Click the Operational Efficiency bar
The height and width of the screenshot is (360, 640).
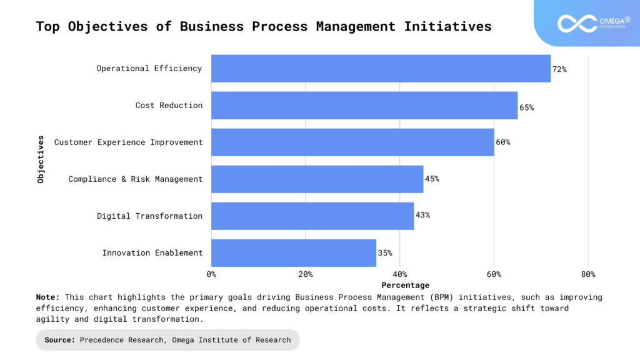(x=381, y=68)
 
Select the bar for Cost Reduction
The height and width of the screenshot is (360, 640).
(x=364, y=105)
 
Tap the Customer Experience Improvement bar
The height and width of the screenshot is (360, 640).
(x=352, y=142)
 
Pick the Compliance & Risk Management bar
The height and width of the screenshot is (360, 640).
(x=317, y=179)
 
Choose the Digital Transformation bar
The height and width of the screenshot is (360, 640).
(x=312, y=216)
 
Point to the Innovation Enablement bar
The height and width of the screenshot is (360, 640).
(x=294, y=252)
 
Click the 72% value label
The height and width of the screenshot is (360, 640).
(x=559, y=69)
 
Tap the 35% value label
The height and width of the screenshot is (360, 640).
(x=385, y=253)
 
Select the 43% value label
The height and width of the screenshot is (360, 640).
(x=422, y=216)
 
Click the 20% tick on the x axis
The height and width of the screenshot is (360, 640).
(x=305, y=274)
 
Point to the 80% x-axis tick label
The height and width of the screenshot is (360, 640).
(x=587, y=274)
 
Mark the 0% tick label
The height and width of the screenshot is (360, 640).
(x=211, y=274)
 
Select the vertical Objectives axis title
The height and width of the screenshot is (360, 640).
(x=41, y=159)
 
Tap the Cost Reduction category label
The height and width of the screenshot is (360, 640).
(x=169, y=105)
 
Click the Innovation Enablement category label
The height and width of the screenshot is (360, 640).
(x=152, y=252)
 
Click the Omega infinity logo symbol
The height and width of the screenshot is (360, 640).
(x=577, y=24)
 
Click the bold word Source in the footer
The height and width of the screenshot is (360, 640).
(x=60, y=340)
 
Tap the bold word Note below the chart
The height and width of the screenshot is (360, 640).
(x=47, y=297)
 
